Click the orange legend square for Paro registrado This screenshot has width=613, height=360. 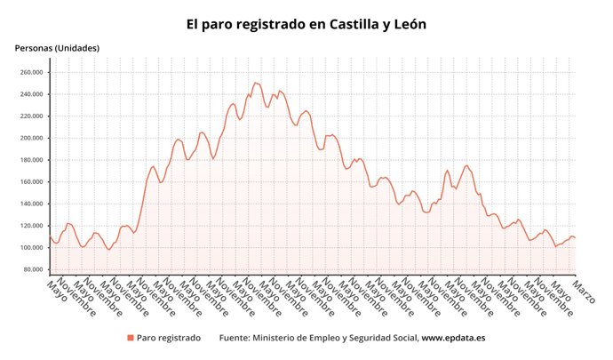click(x=131, y=338)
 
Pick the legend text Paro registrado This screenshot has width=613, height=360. click(x=169, y=338)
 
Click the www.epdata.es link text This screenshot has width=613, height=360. click(x=453, y=338)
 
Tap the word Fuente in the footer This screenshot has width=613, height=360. click(x=234, y=338)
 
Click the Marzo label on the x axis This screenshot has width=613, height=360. click(x=585, y=290)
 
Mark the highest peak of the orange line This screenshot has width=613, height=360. click(x=255, y=83)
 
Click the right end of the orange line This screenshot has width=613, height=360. click(x=576, y=238)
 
